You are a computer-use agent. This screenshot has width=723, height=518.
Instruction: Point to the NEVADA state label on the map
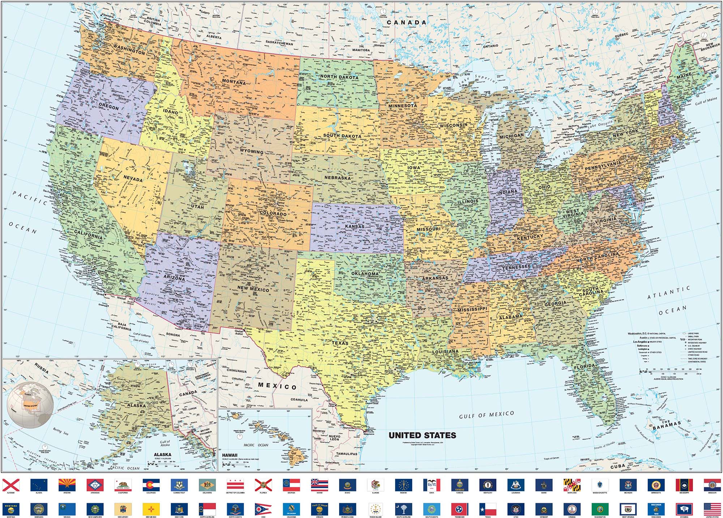(x=133, y=179)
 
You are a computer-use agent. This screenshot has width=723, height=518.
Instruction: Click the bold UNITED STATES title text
(x=422, y=435)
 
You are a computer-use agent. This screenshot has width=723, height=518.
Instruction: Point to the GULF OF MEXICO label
(x=486, y=415)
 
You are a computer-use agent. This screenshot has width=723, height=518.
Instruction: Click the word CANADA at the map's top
(x=407, y=22)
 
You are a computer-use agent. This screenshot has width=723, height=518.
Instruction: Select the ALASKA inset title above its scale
(x=163, y=455)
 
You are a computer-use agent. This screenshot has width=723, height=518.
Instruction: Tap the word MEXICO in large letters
(x=277, y=386)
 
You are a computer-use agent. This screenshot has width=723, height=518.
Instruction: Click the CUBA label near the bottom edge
(x=618, y=466)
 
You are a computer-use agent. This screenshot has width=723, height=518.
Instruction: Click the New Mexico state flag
(x=151, y=509)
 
